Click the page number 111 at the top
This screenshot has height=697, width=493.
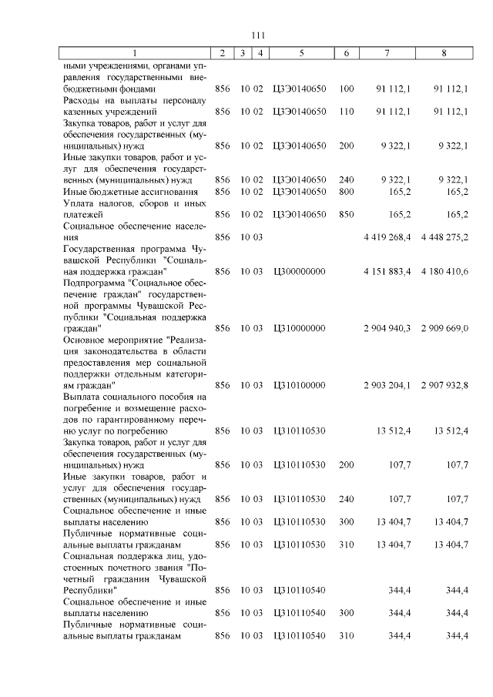coord(258,35)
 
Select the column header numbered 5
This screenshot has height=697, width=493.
coord(300,53)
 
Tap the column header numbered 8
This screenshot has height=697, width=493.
coord(443,53)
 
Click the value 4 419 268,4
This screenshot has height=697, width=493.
coord(387,237)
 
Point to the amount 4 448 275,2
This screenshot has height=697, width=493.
coord(444,237)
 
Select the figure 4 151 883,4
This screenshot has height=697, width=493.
coord(387,271)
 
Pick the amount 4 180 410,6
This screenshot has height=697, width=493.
coord(444,271)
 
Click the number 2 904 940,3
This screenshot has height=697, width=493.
coord(387,328)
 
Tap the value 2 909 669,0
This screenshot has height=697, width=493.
coord(444,328)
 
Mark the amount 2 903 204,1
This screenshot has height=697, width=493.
coord(387,384)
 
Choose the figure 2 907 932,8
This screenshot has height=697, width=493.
coord(444,384)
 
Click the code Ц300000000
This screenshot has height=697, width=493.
coord(300,271)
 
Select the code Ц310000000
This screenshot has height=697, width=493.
coord(300,328)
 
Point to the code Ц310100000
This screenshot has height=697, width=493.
coord(300,384)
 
